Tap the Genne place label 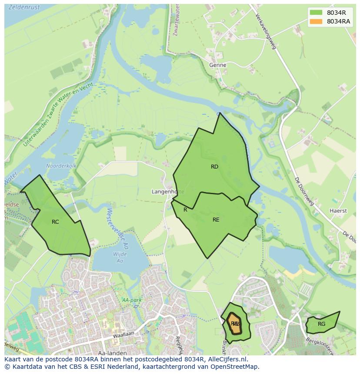[217, 65]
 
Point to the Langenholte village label [167, 192]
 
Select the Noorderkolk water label [61, 166]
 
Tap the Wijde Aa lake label [120, 257]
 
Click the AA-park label [132, 300]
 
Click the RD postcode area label [214, 167]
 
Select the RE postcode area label [216, 220]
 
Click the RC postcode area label [55, 222]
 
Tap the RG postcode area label [321, 324]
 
